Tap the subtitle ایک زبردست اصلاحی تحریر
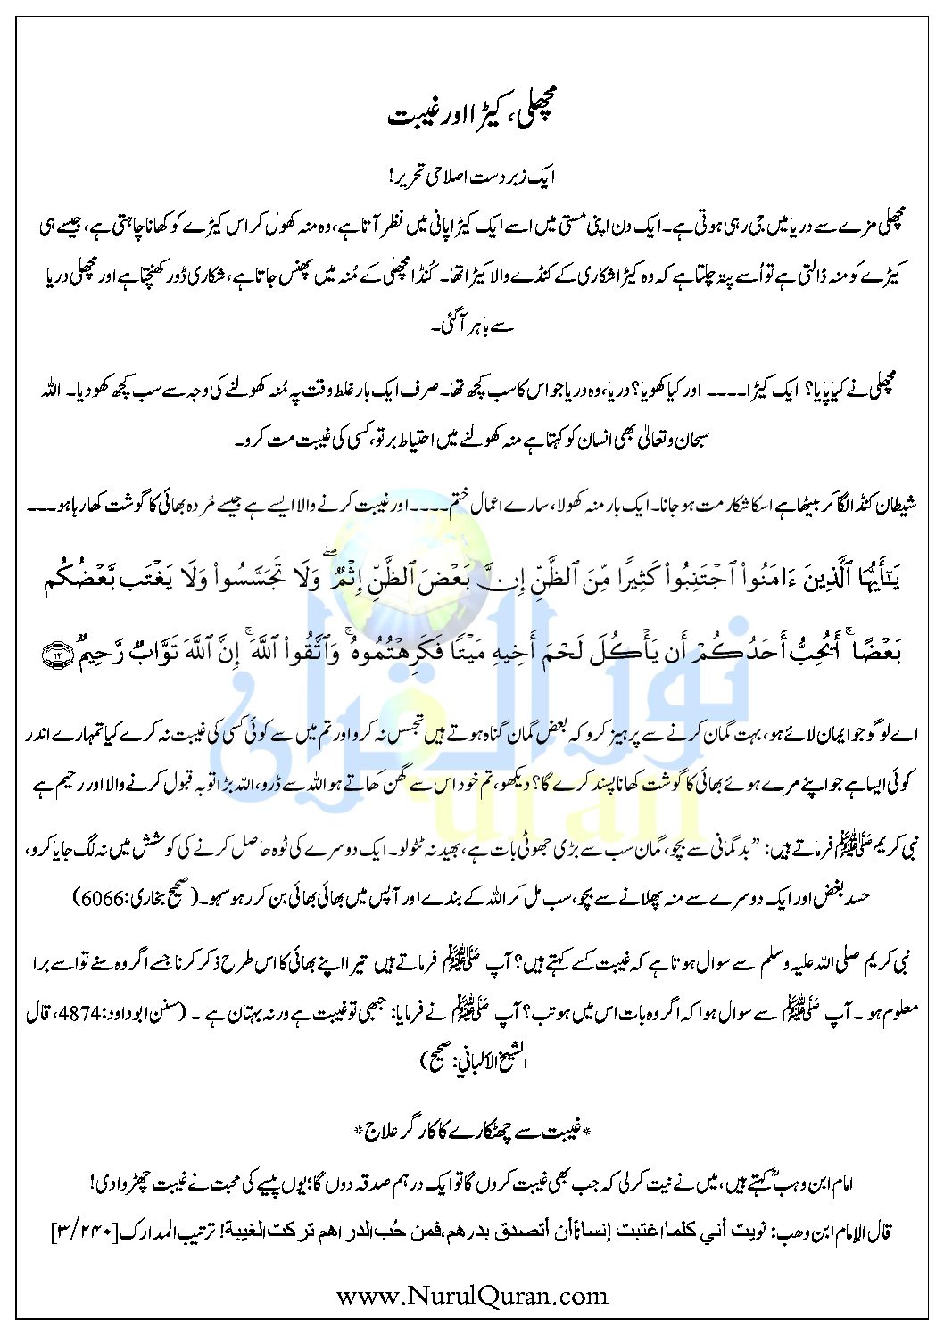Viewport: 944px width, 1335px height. click(x=471, y=177)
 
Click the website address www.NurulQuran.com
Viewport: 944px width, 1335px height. click(x=471, y=1295)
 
